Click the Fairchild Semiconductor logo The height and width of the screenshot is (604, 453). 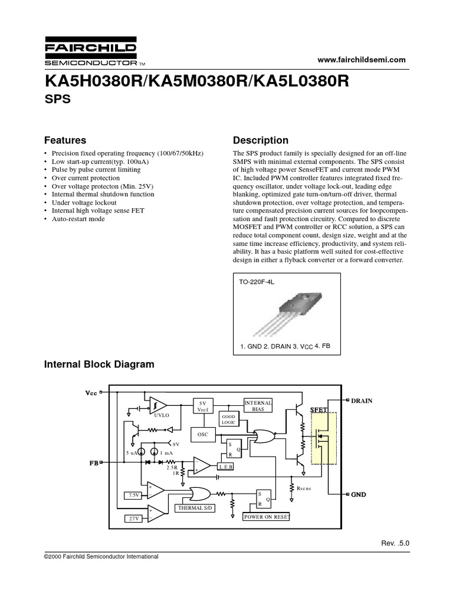click(x=91, y=53)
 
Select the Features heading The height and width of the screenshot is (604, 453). click(x=65, y=140)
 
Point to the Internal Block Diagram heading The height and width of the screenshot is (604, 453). click(x=100, y=365)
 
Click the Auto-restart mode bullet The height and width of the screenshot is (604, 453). click(x=78, y=219)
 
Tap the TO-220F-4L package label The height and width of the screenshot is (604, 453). click(x=258, y=282)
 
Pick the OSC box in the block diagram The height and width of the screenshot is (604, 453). click(x=202, y=435)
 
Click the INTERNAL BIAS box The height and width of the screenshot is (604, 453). click(x=258, y=405)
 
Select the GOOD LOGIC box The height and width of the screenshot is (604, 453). click(x=228, y=419)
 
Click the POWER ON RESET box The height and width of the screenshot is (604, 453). click(x=267, y=516)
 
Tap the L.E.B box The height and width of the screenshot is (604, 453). click(x=226, y=466)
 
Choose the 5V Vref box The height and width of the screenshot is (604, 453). click(x=202, y=405)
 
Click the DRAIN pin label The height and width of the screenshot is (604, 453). click(x=362, y=401)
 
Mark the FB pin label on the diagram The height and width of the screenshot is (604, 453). click(x=93, y=464)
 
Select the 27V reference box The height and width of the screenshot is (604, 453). click(x=133, y=518)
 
